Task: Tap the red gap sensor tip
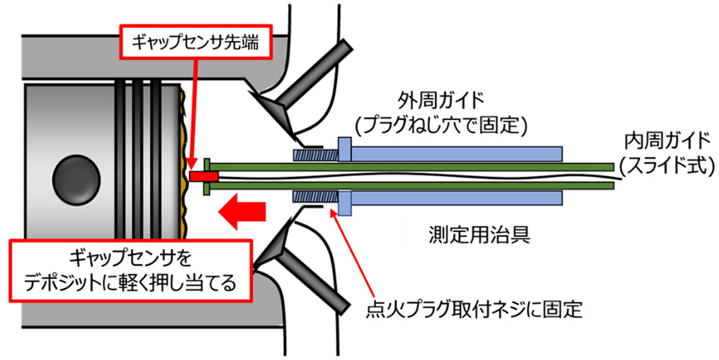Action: (203, 176)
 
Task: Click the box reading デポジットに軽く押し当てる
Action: (130, 270)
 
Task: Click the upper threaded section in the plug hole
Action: (310, 154)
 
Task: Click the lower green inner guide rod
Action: (410, 185)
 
